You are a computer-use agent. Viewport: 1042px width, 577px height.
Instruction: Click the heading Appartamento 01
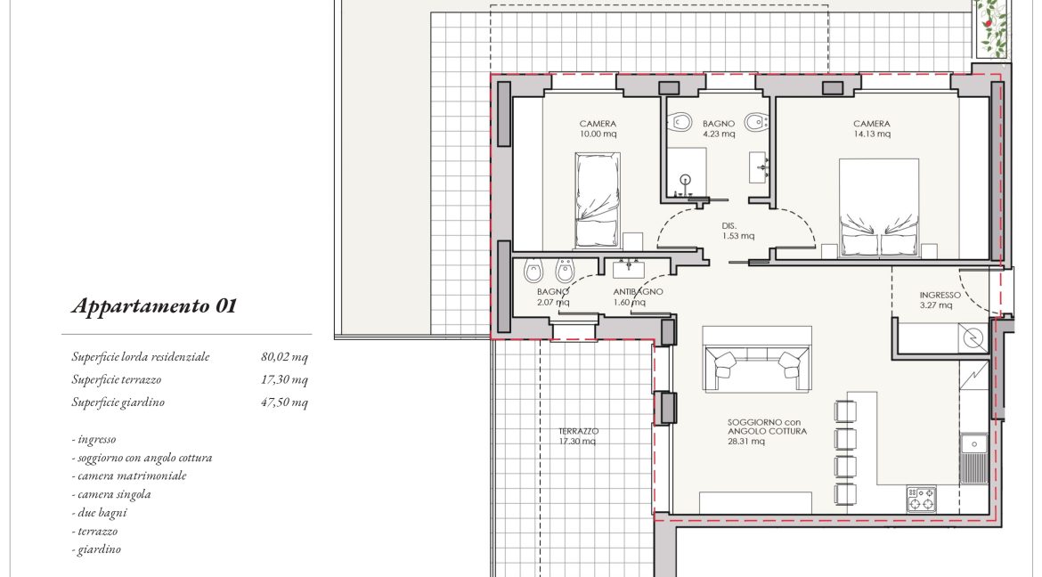pyautogui.click(x=153, y=306)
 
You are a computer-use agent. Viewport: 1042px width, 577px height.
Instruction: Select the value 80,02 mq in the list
pyautogui.click(x=284, y=357)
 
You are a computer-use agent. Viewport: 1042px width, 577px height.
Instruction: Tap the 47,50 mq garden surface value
pyautogui.click(x=284, y=402)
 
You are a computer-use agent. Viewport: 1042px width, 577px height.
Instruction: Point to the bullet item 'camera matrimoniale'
pyautogui.click(x=130, y=476)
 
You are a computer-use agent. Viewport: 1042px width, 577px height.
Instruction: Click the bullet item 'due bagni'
pyautogui.click(x=100, y=513)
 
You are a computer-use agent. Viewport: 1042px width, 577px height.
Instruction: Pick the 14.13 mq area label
pyautogui.click(x=872, y=134)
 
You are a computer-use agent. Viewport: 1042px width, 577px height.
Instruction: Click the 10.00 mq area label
pyautogui.click(x=598, y=134)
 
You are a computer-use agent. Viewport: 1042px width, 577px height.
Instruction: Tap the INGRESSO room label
pyautogui.click(x=940, y=295)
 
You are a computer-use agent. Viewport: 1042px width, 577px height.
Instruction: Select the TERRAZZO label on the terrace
pyautogui.click(x=579, y=431)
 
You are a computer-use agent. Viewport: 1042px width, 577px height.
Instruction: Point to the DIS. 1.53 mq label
pyautogui.click(x=737, y=231)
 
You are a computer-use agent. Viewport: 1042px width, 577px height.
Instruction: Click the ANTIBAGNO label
pyautogui.click(x=638, y=292)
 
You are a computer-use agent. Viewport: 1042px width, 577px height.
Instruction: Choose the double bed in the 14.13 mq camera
pyautogui.click(x=879, y=207)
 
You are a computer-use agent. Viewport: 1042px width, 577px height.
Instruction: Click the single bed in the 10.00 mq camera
pyautogui.click(x=598, y=200)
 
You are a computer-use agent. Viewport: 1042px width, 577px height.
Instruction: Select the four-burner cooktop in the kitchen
pyautogui.click(x=921, y=500)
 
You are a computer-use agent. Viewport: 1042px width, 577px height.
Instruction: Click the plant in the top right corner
pyautogui.click(x=993, y=28)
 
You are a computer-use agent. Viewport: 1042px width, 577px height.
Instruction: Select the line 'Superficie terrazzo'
pyautogui.click(x=117, y=379)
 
